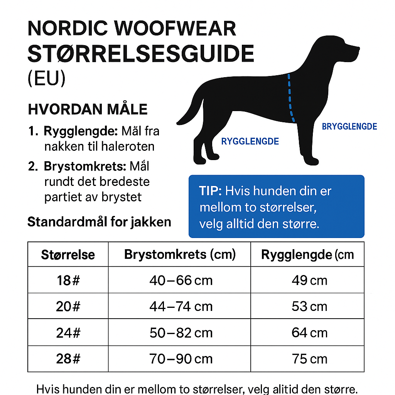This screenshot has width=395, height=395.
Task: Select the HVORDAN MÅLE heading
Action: (x=88, y=109)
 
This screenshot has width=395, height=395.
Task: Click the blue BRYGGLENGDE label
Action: (x=349, y=127)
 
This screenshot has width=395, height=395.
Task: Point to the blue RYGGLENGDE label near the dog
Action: (x=250, y=141)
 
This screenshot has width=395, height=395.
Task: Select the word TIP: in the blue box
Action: (x=211, y=191)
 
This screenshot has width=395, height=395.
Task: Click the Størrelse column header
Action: (x=68, y=255)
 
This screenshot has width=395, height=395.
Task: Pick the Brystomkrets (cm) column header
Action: (x=180, y=255)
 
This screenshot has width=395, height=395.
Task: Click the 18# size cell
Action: (x=68, y=280)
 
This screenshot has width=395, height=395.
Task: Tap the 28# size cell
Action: (x=68, y=359)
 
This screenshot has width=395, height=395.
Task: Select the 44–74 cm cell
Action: (x=181, y=306)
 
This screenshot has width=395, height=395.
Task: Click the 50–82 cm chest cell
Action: (x=181, y=333)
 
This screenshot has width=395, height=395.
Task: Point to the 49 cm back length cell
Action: (x=309, y=280)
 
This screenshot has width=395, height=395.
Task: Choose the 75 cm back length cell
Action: (x=309, y=359)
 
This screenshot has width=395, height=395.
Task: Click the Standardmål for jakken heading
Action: (x=99, y=222)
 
